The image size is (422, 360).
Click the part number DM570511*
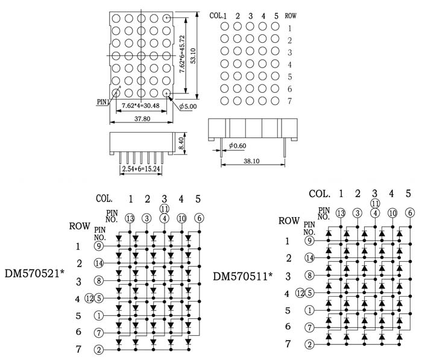point(243,276)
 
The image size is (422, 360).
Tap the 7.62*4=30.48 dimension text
point(140,106)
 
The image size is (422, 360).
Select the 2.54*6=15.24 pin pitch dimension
point(141,169)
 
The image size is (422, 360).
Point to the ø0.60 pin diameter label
point(238,145)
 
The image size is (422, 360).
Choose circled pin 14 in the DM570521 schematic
point(99,263)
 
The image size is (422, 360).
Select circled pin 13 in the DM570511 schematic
point(341,213)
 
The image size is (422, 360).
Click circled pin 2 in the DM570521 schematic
point(99,350)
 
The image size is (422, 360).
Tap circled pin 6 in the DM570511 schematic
point(410,212)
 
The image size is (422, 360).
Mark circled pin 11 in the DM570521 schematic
point(163,208)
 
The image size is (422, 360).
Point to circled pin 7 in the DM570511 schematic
point(309,327)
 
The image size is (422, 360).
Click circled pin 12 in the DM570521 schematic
point(90,297)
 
